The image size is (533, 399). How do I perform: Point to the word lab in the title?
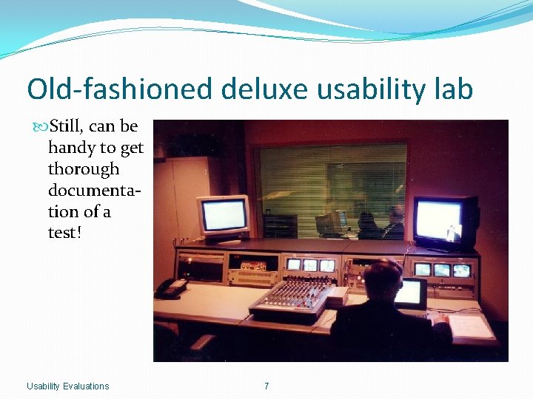coord(450,89)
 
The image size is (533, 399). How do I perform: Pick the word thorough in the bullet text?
coord(84,169)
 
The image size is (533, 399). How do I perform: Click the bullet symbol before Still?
coord(40,127)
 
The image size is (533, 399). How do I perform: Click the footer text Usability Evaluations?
coord(67,386)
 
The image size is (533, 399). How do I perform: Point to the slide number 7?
coord(266,386)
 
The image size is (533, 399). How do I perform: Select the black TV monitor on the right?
coord(445,222)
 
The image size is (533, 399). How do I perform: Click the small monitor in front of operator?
coord(412,293)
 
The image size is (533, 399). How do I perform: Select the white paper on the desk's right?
coord(471,326)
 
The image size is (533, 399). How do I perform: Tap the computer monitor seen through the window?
coord(329,222)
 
